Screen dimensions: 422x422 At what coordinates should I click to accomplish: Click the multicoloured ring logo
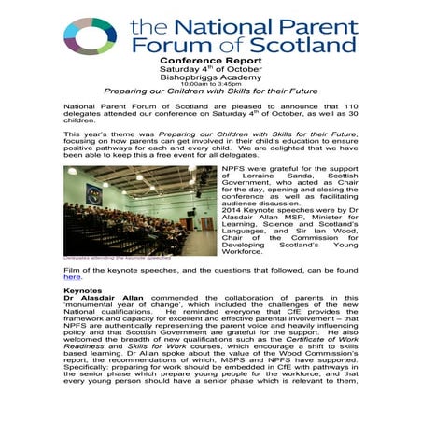(89, 35)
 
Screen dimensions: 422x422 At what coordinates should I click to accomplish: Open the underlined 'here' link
(72, 277)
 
